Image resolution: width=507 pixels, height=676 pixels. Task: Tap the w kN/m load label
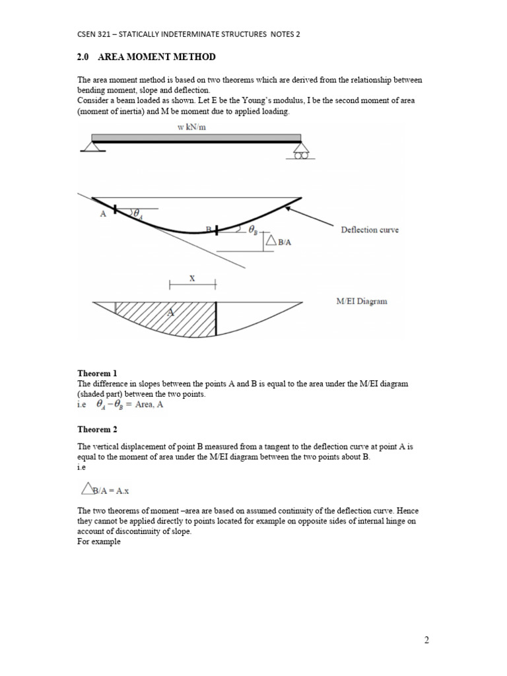[191, 127]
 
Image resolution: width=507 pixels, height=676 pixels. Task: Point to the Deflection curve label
[369, 230]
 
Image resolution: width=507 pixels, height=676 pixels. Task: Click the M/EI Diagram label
[362, 301]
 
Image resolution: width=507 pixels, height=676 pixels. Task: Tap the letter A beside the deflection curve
[103, 214]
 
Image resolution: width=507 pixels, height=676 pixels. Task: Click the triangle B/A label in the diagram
[278, 242]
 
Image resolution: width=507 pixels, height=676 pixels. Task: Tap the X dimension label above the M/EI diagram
[192, 279]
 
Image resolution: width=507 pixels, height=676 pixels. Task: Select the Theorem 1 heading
[97, 373]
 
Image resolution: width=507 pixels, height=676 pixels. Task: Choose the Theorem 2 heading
[97, 428]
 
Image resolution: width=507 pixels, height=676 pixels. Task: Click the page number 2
[426, 640]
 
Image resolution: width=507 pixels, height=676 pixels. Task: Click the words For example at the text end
[99, 542]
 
